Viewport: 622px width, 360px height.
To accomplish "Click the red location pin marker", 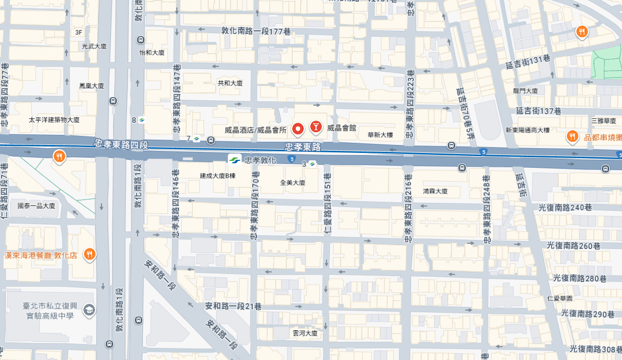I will pyautogui.click(x=299, y=128).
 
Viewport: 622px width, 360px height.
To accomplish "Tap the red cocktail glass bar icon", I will pyautogui.click(x=316, y=126).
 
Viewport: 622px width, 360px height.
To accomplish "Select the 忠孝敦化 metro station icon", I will pyautogui.click(x=233, y=159).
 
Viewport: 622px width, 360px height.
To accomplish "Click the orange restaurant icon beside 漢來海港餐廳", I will pyautogui.click(x=89, y=254).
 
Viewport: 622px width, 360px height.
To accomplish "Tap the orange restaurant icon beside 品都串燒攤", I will pyautogui.click(x=572, y=136).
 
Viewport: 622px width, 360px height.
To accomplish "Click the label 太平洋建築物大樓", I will pyautogui.click(x=54, y=120).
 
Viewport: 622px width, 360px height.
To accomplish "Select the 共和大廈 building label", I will pyautogui.click(x=230, y=83).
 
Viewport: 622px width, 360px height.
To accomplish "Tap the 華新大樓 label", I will pyautogui.click(x=380, y=135).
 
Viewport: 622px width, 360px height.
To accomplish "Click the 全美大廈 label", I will pyautogui.click(x=293, y=183).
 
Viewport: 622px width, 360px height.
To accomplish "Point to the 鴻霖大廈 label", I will pyautogui.click(x=436, y=191).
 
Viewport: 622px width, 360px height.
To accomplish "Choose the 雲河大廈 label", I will pyautogui.click(x=305, y=333).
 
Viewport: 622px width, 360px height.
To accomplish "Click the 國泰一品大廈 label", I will pyautogui.click(x=36, y=205).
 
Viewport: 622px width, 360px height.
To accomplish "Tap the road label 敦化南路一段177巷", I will pyautogui.click(x=256, y=31).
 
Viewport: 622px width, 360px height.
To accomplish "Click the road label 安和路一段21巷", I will pyautogui.click(x=233, y=306).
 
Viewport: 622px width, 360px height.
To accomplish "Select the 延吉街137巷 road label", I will pyautogui.click(x=539, y=111).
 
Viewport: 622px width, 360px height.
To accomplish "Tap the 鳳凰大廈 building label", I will pyautogui.click(x=91, y=85).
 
